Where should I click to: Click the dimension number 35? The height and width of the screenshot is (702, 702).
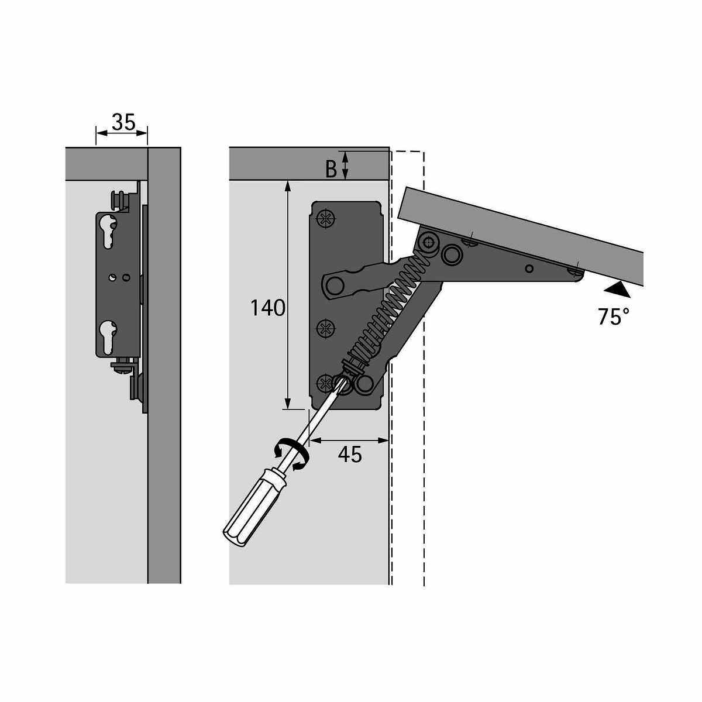[123, 122]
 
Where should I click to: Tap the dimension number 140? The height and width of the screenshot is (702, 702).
[268, 308]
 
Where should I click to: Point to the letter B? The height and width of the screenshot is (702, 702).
[331, 169]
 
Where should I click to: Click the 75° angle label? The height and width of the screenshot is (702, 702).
[613, 316]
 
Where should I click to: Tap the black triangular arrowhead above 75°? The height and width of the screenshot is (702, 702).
[617, 290]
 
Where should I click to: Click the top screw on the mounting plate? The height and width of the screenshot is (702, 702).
[326, 219]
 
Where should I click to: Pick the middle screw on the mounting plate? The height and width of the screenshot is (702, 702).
[326, 329]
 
